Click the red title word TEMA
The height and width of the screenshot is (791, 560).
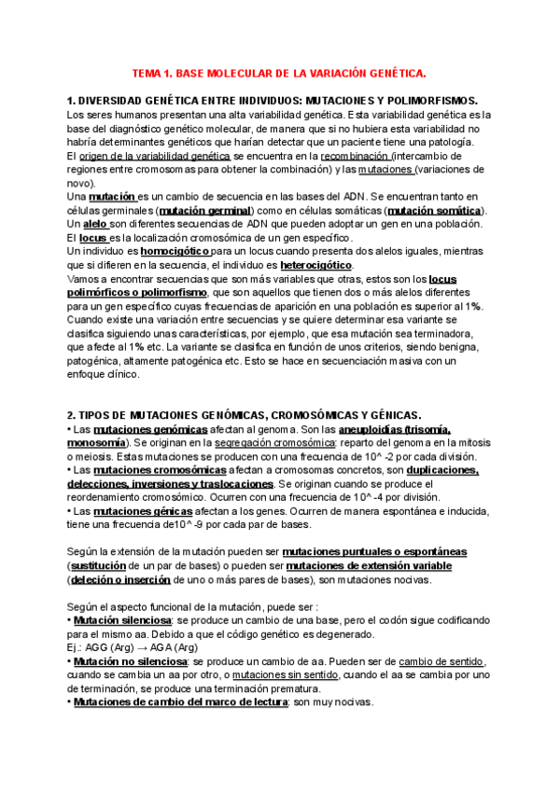click(x=148, y=72)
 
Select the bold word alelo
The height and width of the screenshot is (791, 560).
click(x=95, y=225)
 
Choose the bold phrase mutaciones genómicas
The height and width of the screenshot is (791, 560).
click(x=149, y=429)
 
